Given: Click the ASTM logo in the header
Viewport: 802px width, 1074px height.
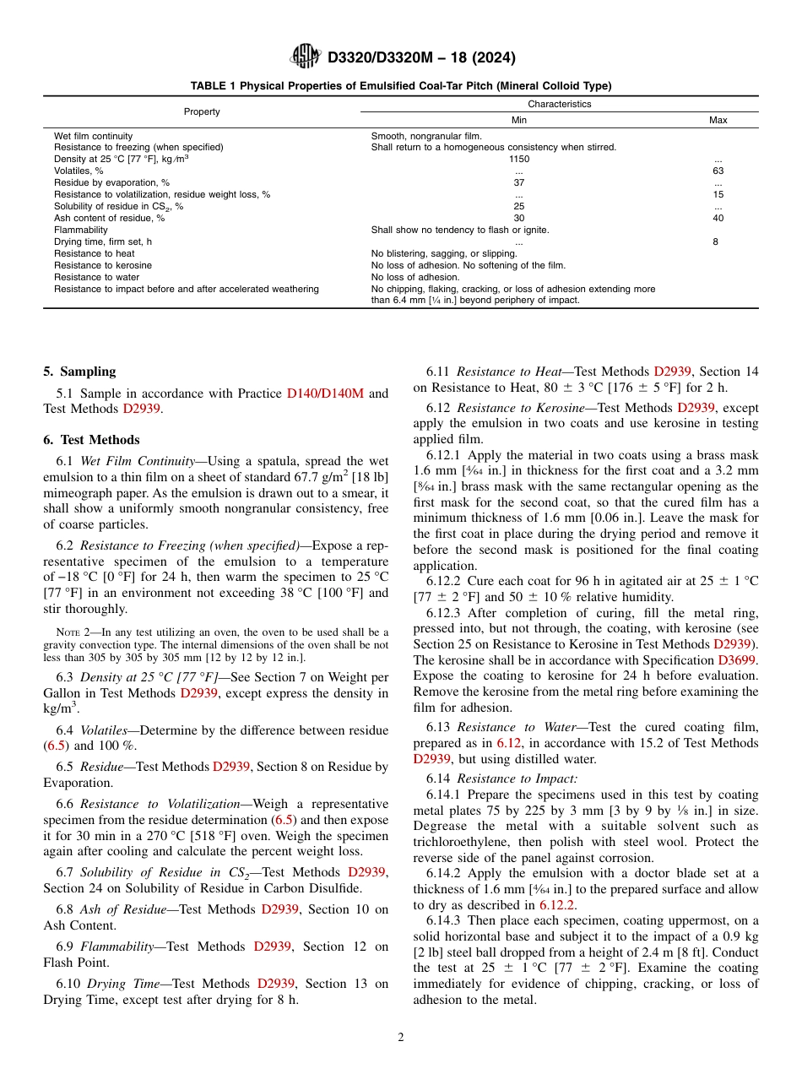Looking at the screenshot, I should pos(305,57).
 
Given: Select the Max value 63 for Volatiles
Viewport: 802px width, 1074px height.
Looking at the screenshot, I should pos(718,171).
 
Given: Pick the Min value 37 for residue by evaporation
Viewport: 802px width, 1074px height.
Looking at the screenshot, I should pos(518,182).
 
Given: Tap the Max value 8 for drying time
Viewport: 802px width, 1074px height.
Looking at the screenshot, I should pos(718,241).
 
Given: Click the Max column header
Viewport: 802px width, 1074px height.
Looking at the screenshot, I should pos(718,120).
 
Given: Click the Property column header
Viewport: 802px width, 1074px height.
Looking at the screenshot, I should pos(202,111).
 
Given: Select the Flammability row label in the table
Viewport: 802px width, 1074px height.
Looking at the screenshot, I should pos(81,230).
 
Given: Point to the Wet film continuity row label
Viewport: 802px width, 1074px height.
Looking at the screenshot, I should pos(93,135).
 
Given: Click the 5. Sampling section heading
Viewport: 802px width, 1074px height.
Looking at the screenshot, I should pos(79,372).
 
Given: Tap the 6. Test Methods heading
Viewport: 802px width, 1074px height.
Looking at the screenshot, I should pos(91,440).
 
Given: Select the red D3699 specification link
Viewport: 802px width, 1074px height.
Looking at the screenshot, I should pos(738,660).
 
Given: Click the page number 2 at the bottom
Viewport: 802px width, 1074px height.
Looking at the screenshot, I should pos(401,1038).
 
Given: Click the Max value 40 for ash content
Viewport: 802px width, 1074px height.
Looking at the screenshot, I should pos(718,218).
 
